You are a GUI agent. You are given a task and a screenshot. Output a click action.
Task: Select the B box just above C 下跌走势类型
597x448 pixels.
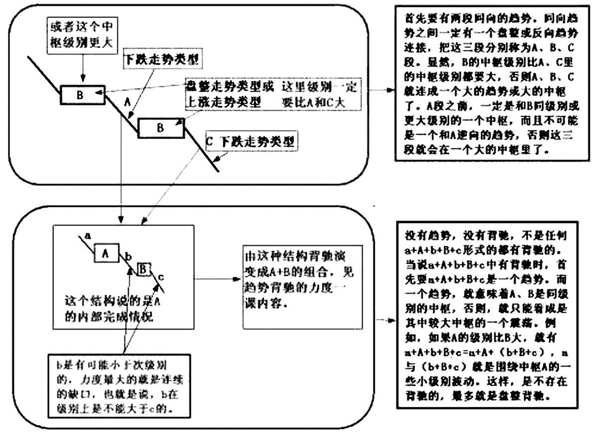[160, 128]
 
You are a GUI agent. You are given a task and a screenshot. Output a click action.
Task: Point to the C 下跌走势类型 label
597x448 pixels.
[251, 142]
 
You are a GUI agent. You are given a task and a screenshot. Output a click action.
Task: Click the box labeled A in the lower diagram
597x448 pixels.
[105, 253]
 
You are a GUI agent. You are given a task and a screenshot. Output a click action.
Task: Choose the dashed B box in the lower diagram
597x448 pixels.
[143, 269]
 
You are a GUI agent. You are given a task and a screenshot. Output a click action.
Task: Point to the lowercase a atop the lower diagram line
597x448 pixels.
[87, 234]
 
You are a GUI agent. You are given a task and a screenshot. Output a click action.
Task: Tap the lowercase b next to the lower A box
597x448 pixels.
[129, 256]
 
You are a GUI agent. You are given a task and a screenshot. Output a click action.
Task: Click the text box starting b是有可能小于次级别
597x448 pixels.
[115, 385]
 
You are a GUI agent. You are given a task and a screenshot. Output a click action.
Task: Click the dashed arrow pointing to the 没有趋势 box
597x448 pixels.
[385, 320]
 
